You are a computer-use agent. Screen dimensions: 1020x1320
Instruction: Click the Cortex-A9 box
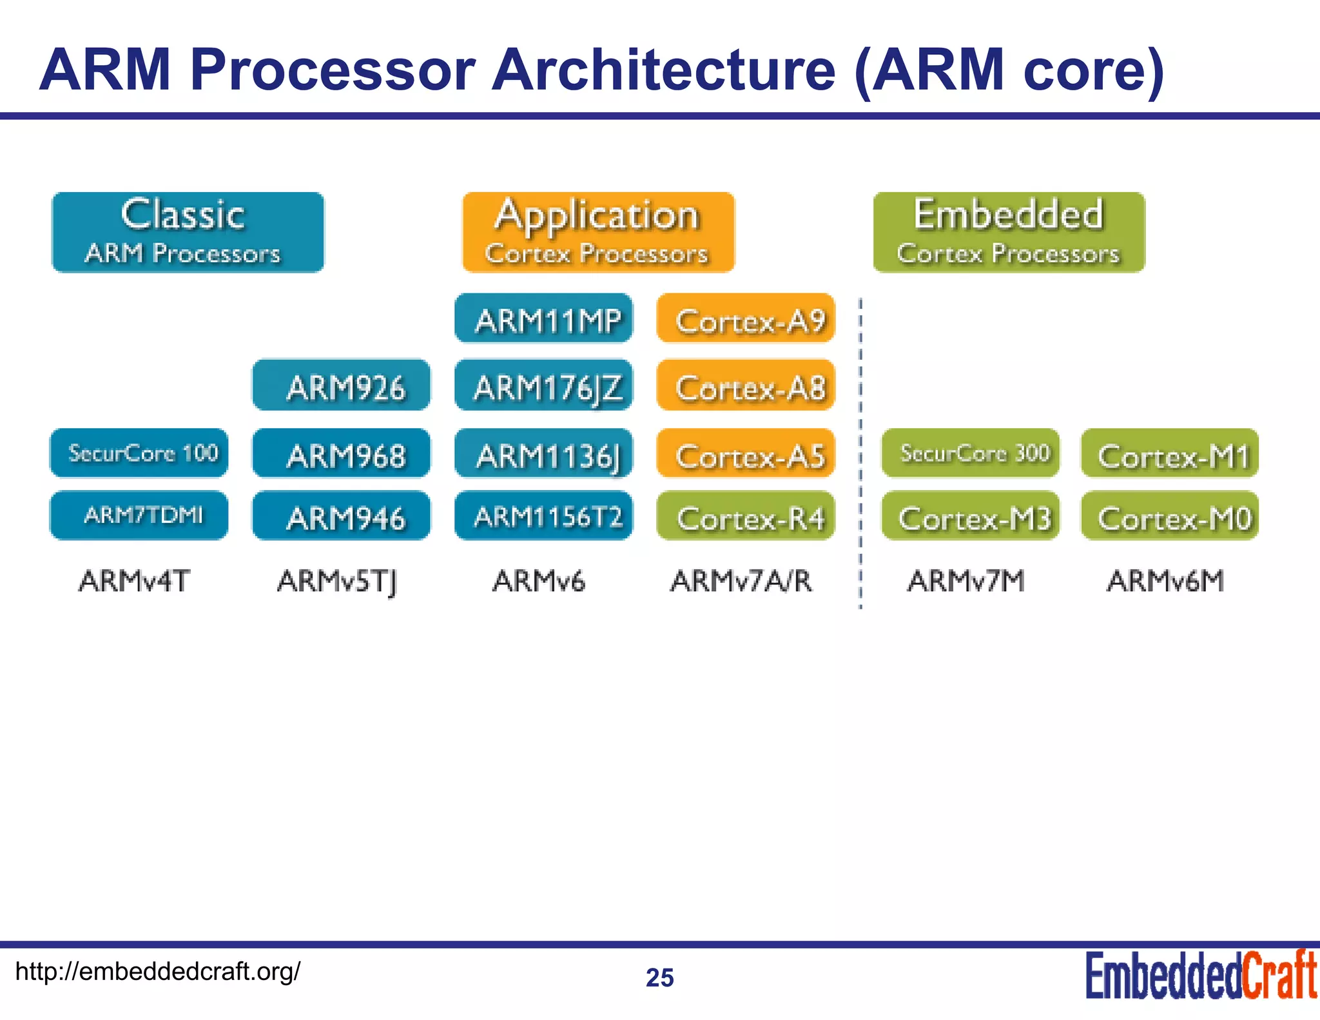(746, 319)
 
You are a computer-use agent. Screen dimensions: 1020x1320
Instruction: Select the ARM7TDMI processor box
(139, 515)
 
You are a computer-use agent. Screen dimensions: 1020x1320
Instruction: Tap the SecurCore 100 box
(139, 453)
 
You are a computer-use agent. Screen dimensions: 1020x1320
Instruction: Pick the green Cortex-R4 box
(746, 516)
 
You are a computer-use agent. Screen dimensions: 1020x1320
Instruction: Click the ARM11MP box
(543, 319)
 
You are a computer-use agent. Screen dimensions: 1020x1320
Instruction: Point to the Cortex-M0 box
(1170, 516)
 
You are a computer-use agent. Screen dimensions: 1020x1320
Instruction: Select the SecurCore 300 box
(971, 453)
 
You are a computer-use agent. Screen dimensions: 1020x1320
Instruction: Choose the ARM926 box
(342, 386)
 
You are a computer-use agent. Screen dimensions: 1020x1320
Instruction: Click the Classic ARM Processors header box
(188, 232)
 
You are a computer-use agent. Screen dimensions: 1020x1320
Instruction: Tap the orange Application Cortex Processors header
(598, 232)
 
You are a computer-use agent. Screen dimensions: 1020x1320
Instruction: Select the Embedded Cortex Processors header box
(1009, 232)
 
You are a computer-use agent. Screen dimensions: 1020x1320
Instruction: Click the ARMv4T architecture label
(134, 581)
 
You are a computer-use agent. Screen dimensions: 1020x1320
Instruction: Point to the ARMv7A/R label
(741, 581)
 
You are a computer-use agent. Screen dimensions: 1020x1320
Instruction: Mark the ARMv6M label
(1165, 581)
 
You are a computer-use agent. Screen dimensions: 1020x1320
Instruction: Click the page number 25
(660, 978)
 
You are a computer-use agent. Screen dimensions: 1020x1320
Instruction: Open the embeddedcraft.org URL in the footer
(158, 971)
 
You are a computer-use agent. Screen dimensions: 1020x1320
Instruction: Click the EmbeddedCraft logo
(1201, 976)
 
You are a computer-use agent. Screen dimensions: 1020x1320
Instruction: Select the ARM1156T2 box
(543, 516)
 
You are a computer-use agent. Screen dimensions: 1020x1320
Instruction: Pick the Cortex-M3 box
(971, 516)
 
